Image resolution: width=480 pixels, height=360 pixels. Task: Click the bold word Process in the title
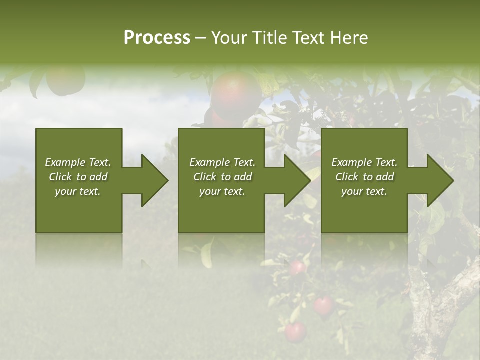(157, 38)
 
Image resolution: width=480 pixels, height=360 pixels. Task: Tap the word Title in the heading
(269, 38)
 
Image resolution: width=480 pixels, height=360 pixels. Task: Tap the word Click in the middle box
(204, 177)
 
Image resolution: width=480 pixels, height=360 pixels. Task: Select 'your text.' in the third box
(364, 191)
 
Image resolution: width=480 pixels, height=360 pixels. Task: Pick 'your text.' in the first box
(78, 191)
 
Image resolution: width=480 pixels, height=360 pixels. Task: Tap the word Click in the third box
(346, 177)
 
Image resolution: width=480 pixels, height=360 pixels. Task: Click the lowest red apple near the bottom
(295, 331)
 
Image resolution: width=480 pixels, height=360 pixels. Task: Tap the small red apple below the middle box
(298, 267)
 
